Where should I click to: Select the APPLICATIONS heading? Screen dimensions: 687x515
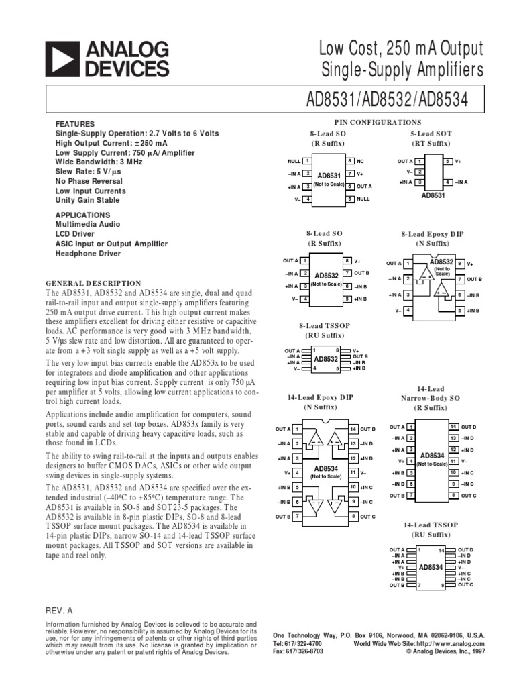click(83, 215)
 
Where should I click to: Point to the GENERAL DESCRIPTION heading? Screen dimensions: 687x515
click(93, 283)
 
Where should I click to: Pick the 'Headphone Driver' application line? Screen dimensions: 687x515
click(88, 254)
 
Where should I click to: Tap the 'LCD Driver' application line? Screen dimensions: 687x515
click(75, 234)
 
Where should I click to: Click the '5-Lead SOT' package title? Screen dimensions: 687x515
click(431, 134)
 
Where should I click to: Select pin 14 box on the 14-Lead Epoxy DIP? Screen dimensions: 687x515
click(353, 429)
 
